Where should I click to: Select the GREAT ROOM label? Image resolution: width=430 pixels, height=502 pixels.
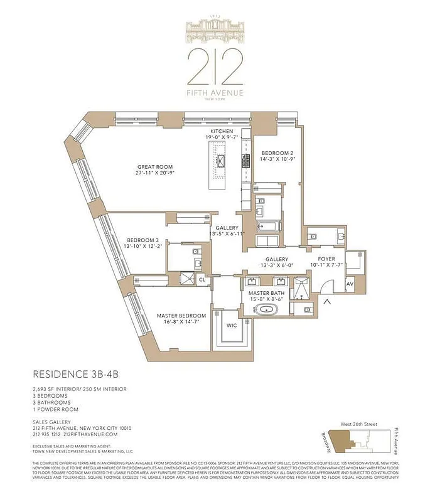click(x=155, y=167)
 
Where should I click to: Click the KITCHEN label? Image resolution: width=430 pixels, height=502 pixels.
click(x=222, y=131)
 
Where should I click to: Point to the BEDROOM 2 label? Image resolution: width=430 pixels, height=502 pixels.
click(x=277, y=153)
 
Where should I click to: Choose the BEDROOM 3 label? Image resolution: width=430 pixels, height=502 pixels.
click(x=143, y=240)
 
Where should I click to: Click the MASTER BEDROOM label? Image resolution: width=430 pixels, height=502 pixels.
click(x=176, y=315)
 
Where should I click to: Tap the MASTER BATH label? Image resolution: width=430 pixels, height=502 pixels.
click(x=267, y=292)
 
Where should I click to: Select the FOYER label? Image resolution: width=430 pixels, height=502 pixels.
click(x=326, y=258)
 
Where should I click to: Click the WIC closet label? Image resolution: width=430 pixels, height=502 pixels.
click(x=232, y=326)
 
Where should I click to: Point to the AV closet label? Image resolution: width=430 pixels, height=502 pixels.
click(x=350, y=284)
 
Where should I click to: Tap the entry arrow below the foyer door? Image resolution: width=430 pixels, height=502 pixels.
click(x=326, y=304)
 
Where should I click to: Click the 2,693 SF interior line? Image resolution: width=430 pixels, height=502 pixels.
click(x=79, y=389)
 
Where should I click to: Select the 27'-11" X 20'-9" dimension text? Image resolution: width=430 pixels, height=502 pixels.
click(x=155, y=173)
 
